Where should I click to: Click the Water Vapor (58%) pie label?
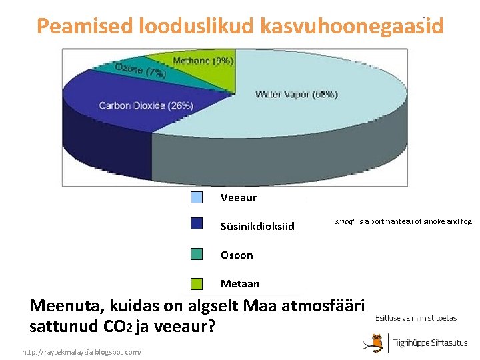pyautogui.click(x=296, y=95)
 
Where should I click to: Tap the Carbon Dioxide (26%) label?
pyautogui.click(x=146, y=105)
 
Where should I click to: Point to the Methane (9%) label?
pyautogui.click(x=203, y=61)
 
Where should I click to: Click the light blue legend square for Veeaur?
pyautogui.click(x=197, y=197)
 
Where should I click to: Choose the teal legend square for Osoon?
pyautogui.click(x=197, y=254)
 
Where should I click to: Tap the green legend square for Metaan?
pyautogui.click(x=197, y=284)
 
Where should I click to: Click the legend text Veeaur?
pyautogui.click(x=238, y=198)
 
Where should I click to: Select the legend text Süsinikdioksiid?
pyautogui.click(x=257, y=227)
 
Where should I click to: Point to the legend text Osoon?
pyautogui.click(x=237, y=255)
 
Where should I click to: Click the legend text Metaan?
pyautogui.click(x=240, y=284)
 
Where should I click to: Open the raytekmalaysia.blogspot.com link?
pyautogui.click(x=81, y=351)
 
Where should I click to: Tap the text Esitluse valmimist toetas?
pyautogui.click(x=416, y=318)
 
